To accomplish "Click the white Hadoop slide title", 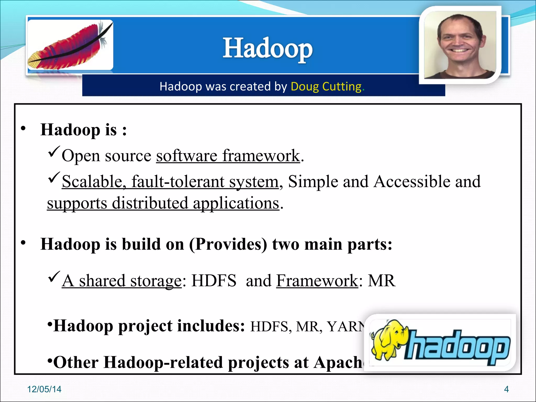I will tap(267, 48).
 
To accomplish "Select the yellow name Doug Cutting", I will tap(326, 86).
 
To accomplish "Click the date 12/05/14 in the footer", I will tap(44, 389).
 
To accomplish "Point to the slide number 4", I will tap(506, 389).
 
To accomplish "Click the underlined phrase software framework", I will tap(228, 156).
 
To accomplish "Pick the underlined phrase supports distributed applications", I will tap(163, 203).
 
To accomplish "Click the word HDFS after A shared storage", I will tap(214, 281).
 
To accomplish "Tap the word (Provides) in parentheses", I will tap(228, 245).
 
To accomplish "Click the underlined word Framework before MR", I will tap(317, 281).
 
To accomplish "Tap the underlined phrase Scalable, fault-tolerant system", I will tap(170, 182).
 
